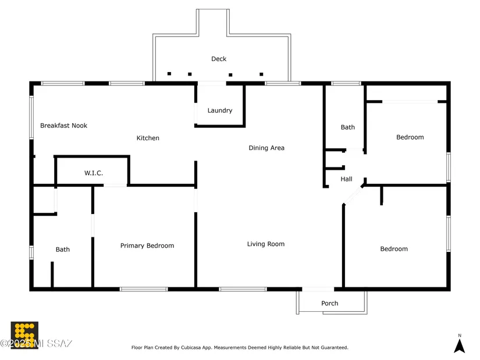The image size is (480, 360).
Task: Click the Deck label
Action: point(219,59)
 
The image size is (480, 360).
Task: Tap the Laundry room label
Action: point(220,111)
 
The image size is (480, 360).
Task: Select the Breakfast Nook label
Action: point(63,126)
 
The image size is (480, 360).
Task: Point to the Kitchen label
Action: point(148,138)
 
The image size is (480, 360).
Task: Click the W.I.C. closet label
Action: point(94,173)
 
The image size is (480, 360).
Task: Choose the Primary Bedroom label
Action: point(147,246)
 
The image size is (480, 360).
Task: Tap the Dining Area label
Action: point(266,148)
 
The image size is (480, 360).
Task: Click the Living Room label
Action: point(266,244)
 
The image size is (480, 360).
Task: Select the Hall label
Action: point(346,180)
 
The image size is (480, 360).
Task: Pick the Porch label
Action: point(330,304)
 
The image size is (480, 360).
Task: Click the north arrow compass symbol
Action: point(459,344)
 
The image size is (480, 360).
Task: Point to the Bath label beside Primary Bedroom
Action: point(63,249)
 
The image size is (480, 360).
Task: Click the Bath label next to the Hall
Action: point(348,127)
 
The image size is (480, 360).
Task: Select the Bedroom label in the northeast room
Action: point(410,137)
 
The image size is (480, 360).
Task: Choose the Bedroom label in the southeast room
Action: point(394,249)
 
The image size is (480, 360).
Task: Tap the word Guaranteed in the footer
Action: point(334,348)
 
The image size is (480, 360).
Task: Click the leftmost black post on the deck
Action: point(169,74)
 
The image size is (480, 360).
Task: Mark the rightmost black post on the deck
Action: point(261,74)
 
